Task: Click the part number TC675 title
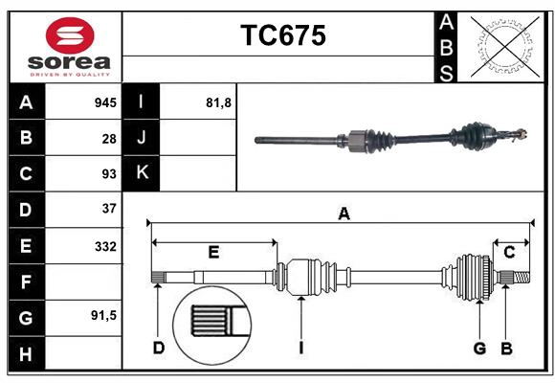[x=282, y=35]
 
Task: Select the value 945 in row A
[x=104, y=101]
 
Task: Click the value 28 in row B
[x=108, y=138]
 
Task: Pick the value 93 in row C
[x=108, y=174]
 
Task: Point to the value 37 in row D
[x=108, y=208]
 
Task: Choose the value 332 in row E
[x=104, y=246]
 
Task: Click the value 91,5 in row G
[x=102, y=315]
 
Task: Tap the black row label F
[x=26, y=282]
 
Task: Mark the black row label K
[x=142, y=173]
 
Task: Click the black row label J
[x=142, y=138]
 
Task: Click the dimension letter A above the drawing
[x=344, y=214]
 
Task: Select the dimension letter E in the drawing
[x=213, y=253]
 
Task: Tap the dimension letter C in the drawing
[x=509, y=253]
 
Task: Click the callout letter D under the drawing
[x=158, y=348]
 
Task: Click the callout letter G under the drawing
[x=479, y=348]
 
